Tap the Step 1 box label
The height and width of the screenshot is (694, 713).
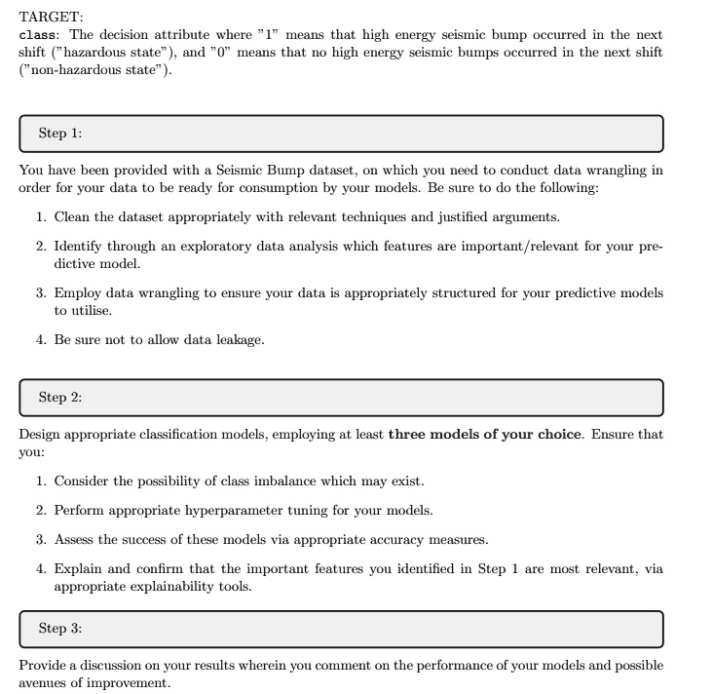[x=60, y=133]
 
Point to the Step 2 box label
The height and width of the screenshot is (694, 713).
[x=60, y=397]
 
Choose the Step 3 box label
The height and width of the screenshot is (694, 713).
[x=60, y=628]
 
